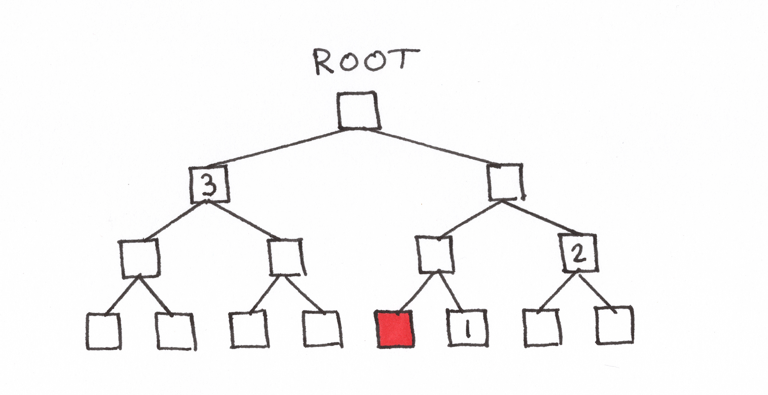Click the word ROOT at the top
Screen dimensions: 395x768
point(365,61)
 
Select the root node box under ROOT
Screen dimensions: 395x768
point(358,110)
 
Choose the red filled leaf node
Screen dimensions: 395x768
point(395,329)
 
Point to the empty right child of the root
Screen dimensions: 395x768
point(505,182)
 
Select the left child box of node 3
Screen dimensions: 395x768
point(140,258)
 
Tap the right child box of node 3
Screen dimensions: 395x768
point(286,257)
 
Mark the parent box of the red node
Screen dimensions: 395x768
point(435,254)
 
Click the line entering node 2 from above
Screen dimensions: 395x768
point(541,218)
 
